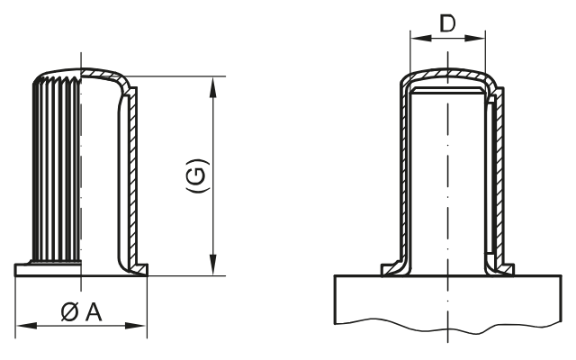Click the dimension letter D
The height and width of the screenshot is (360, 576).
coord(447,23)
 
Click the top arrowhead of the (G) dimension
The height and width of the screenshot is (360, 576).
coord(212,84)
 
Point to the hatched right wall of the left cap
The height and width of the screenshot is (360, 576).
coord(130,180)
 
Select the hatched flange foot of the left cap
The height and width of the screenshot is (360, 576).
coord(137,267)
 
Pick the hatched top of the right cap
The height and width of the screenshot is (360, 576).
coord(447,76)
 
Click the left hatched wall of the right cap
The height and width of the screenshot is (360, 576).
coord(404,180)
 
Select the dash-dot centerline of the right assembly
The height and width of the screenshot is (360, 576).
coord(447,180)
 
